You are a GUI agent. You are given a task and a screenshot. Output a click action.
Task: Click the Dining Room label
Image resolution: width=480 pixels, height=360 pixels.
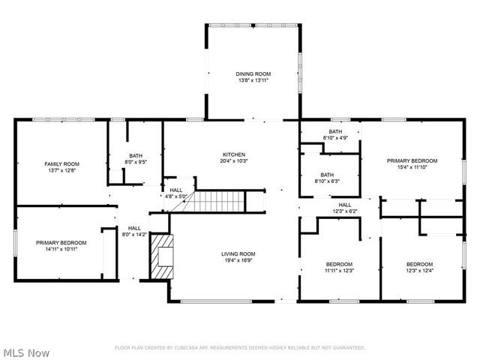pos(253,73)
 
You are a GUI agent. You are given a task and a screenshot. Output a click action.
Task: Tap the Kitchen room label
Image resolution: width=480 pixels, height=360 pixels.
pos(233,154)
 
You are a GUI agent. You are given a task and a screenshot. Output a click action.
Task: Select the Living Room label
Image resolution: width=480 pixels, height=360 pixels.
pos(238,253)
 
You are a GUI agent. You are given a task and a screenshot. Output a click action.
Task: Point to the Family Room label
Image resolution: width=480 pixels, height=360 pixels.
pos(61,163)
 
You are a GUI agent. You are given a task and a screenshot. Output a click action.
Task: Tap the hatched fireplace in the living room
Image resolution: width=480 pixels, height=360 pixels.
pos(160,256)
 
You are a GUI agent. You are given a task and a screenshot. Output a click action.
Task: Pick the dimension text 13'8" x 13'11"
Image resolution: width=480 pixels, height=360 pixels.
pos(253,80)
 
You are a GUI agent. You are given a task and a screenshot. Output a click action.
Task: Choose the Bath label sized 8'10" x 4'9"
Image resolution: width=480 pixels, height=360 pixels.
pos(334,131)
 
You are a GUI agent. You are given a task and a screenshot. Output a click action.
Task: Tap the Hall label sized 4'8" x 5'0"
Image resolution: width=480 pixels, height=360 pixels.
pos(175,190)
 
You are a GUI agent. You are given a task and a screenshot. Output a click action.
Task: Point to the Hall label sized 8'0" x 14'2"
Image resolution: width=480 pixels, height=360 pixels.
pos(134,228)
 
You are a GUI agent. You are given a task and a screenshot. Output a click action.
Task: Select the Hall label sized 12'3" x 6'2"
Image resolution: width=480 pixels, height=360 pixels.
pos(344,205)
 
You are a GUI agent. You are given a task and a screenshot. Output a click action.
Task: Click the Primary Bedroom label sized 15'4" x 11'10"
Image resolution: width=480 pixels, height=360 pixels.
pos(412,160)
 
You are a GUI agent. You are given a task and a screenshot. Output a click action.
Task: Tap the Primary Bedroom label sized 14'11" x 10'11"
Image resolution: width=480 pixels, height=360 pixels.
pos(61,242)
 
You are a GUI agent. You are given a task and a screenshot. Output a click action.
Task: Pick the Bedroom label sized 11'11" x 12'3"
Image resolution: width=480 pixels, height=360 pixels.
pos(340,264)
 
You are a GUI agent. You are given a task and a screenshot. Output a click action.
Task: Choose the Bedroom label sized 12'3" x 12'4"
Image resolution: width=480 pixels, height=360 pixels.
pos(419,264)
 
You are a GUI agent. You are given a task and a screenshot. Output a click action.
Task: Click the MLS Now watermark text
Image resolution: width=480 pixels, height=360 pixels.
pos(26,352)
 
